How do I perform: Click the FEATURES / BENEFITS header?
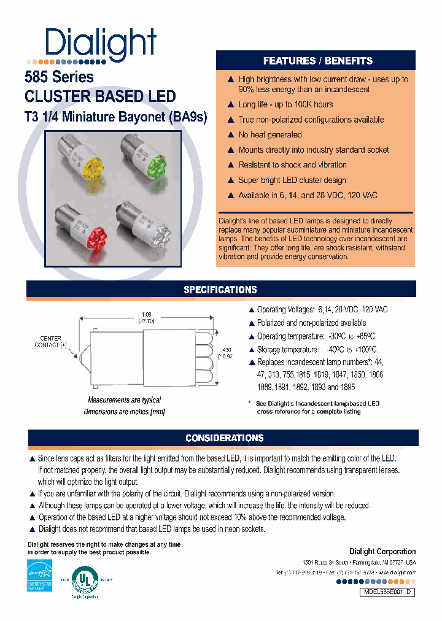click(x=317, y=61)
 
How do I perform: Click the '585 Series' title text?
click(x=59, y=77)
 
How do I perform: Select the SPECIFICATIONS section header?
click(x=220, y=290)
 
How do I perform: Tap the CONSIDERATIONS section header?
click(x=224, y=438)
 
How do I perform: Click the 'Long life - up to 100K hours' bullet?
click(x=285, y=104)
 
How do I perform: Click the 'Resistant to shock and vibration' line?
click(x=292, y=164)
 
